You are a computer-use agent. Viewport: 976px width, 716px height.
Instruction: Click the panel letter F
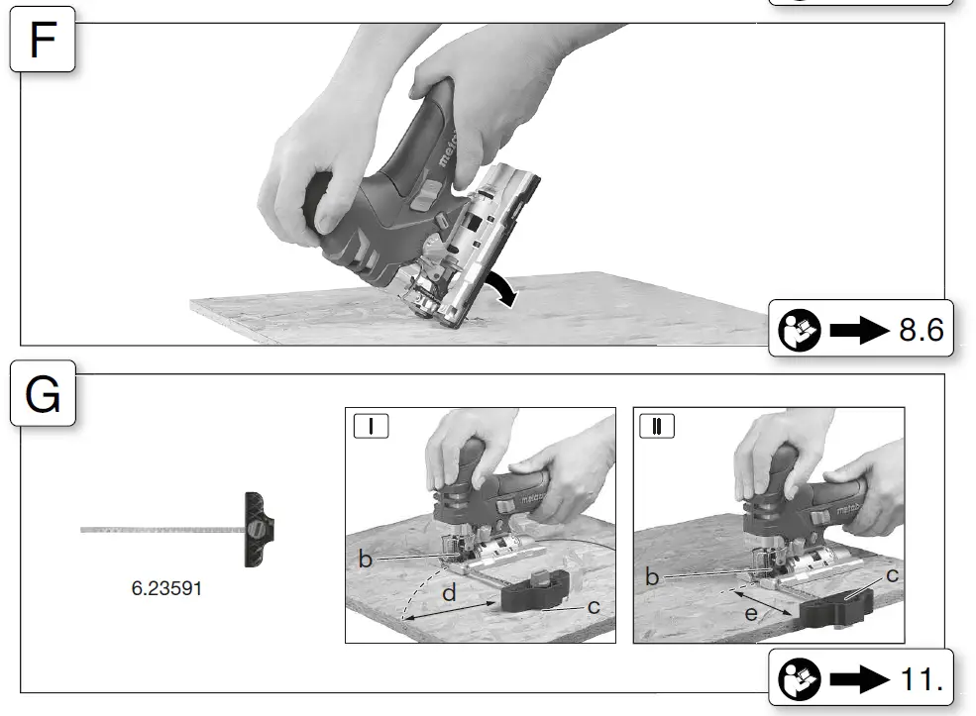point(43,40)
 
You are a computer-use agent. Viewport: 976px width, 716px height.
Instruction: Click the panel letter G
point(43,394)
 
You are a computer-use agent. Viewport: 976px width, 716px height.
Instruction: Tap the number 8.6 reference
point(922,329)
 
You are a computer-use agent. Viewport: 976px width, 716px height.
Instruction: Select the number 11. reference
point(922,678)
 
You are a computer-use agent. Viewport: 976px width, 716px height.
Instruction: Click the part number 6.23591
point(166,588)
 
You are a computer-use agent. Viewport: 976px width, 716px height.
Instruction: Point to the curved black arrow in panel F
point(502,287)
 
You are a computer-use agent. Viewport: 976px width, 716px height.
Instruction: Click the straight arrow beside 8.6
point(860,330)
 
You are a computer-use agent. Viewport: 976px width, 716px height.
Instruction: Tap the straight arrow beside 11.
point(860,678)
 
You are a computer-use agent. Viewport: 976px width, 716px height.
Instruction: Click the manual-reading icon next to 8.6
point(800,330)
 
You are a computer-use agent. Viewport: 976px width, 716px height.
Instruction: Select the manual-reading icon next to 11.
point(800,678)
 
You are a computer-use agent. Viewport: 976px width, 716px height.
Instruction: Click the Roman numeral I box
point(371,426)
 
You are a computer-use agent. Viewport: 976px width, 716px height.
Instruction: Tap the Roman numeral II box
point(657,426)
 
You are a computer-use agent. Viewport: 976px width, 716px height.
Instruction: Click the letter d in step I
point(450,593)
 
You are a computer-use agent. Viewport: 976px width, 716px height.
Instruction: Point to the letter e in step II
point(751,614)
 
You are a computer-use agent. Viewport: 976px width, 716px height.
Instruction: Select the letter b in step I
point(366,560)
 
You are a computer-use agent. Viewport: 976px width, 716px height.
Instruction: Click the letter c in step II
point(892,575)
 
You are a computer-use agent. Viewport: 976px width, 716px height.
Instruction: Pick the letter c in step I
point(594,606)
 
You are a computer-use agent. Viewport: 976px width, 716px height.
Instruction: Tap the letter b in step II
point(652,577)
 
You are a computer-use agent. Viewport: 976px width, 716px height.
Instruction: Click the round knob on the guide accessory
point(256,530)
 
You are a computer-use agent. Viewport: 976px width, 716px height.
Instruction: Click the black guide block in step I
point(535,591)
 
